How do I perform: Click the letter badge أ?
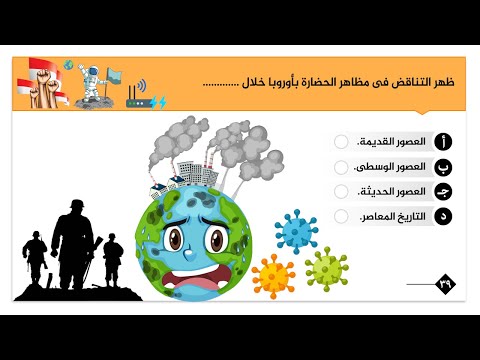click(444, 142)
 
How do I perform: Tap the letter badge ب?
click(444, 166)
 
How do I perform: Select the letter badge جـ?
click(444, 191)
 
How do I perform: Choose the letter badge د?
click(444, 215)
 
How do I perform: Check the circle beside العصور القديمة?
click(342, 142)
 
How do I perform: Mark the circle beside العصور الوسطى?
click(342, 166)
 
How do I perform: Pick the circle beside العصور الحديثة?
click(342, 191)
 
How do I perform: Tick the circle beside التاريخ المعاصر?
click(342, 215)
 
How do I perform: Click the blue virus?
click(297, 230)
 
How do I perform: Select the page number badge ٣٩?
click(444, 284)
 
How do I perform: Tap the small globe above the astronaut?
click(68, 66)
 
